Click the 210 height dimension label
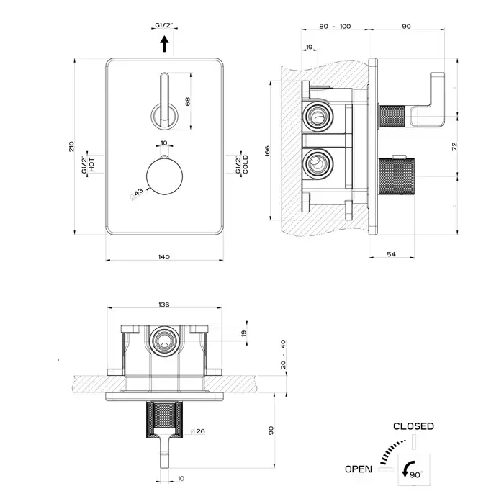71,145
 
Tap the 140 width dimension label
163,257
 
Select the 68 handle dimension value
187,102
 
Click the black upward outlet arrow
163,45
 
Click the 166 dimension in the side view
266,151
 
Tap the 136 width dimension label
163,305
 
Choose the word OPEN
359,469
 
